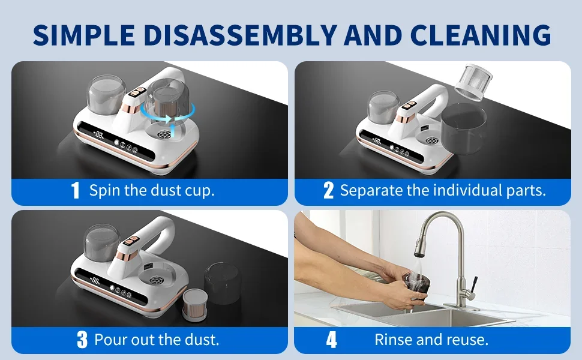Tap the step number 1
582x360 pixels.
point(75,191)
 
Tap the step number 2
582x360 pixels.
point(328,191)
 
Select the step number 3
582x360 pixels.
point(82,340)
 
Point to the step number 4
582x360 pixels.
point(331,340)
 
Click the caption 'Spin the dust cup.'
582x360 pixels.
point(152,191)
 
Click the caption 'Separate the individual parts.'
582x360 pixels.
point(443,191)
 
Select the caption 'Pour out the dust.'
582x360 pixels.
point(157,340)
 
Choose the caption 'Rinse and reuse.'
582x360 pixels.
point(431,340)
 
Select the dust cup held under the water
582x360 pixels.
point(414,283)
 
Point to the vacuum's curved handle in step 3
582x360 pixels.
point(161,231)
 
